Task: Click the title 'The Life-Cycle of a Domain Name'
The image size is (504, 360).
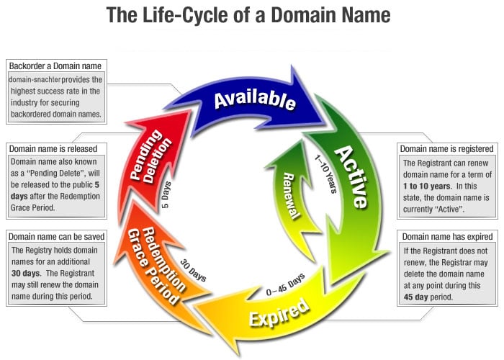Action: pos(248,15)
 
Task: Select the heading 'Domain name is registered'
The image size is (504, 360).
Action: pos(447,149)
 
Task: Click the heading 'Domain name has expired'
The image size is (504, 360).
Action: pos(447,236)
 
